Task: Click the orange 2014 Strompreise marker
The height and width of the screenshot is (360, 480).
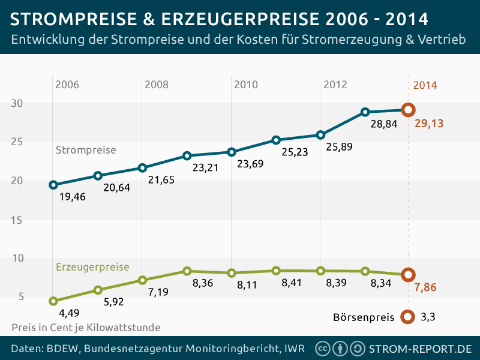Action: click(408, 110)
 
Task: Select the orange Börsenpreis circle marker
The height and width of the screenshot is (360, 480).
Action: click(408, 316)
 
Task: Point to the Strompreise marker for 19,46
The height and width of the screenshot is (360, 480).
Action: click(53, 185)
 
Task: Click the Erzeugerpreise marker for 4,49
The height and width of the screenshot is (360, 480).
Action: click(53, 301)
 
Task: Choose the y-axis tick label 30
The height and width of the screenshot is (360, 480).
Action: click(17, 103)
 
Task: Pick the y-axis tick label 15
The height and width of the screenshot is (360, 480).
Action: click(17, 220)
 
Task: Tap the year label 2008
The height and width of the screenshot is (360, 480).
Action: click(157, 85)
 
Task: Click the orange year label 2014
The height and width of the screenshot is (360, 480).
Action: click(425, 85)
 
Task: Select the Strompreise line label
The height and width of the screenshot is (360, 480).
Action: click(85, 149)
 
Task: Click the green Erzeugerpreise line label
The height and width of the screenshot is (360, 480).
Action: click(92, 267)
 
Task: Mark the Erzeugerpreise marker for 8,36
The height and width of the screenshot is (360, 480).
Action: click(187, 271)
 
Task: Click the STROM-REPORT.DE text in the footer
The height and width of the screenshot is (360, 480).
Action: click(420, 349)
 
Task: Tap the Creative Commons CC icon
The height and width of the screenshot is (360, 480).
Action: click(322, 349)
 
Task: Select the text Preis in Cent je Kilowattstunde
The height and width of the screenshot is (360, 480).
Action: click(86, 328)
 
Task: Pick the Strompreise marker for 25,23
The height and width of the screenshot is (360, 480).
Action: click(276, 140)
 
